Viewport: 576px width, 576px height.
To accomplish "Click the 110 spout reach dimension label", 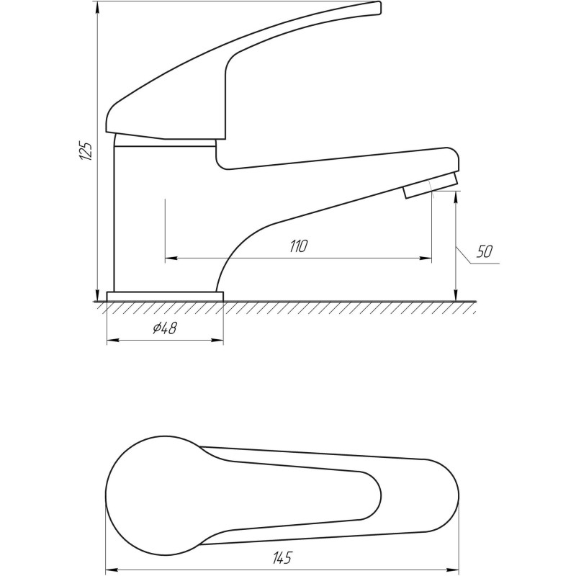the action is point(298,246).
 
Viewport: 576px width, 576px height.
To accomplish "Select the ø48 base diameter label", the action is point(165,328).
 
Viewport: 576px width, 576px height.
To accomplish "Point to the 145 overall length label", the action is point(282,557).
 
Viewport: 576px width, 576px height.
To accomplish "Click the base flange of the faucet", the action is point(165,297).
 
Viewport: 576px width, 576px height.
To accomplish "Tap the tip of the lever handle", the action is point(379,8).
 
